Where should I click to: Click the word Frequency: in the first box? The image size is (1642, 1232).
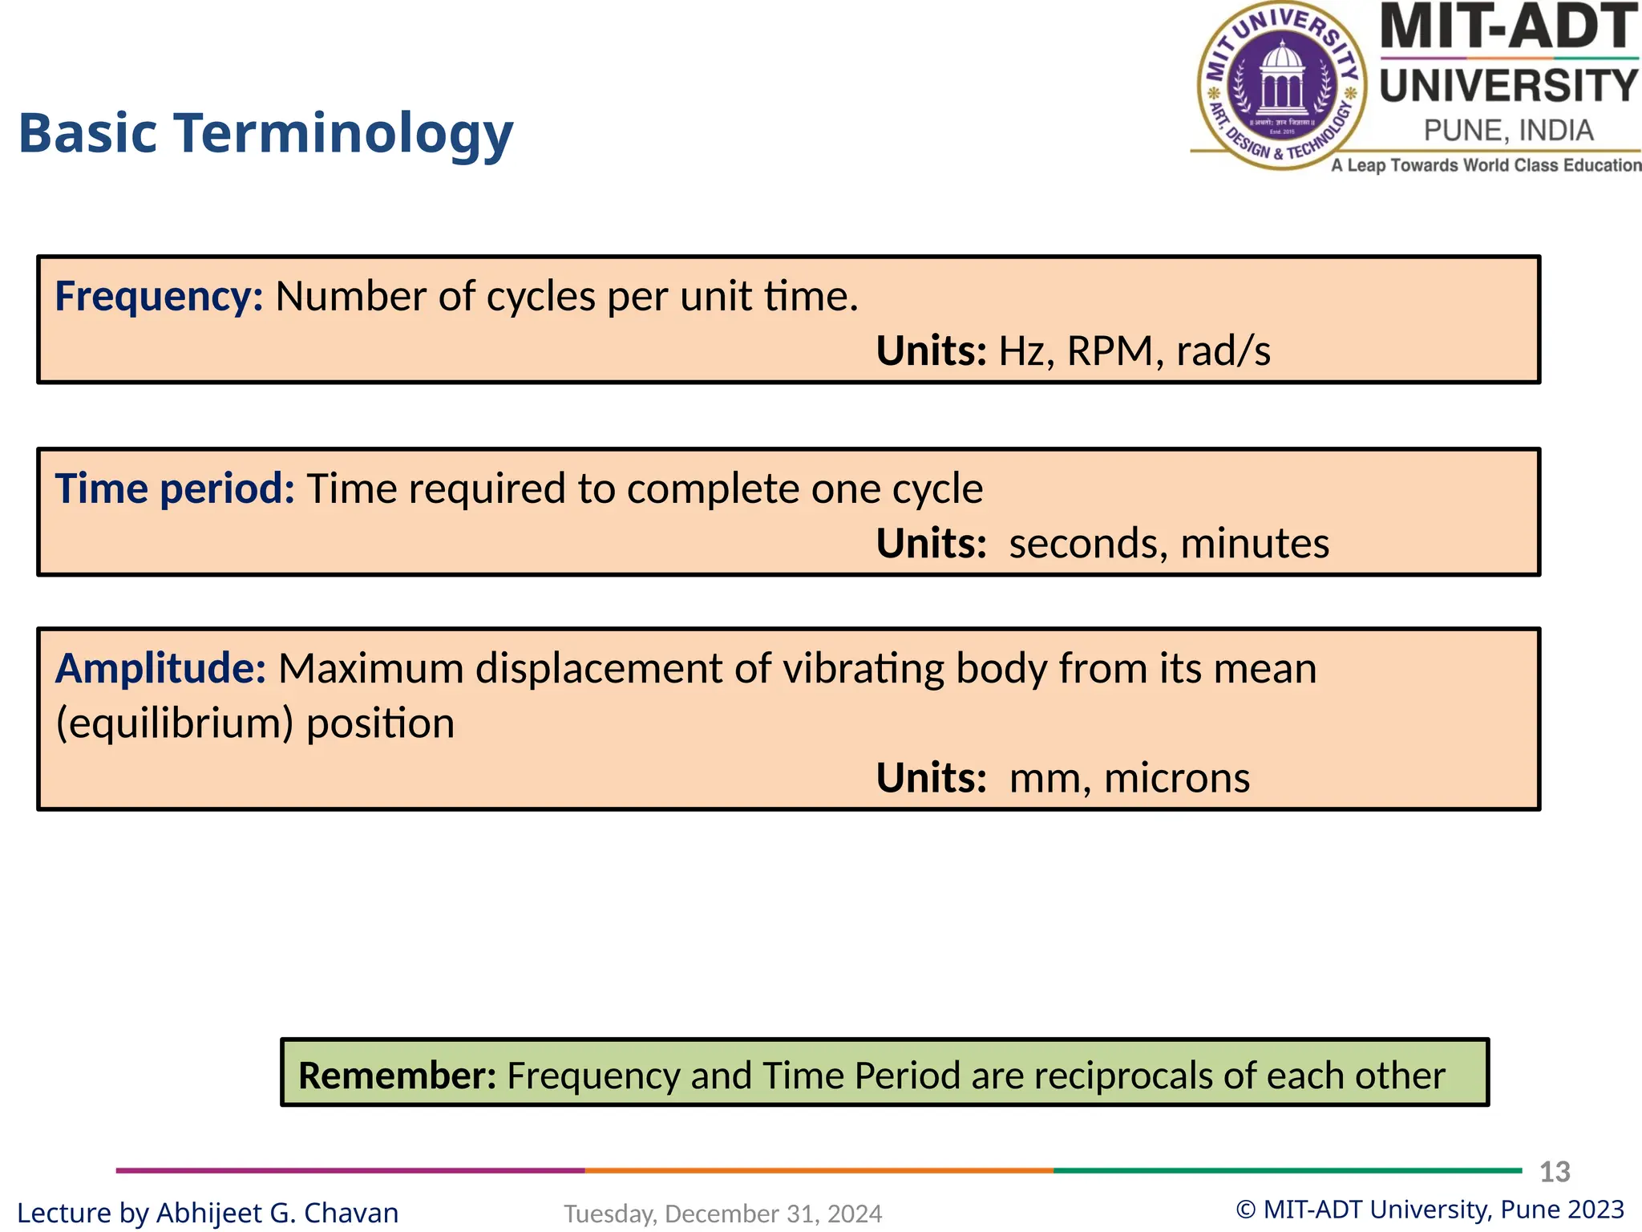tap(159, 298)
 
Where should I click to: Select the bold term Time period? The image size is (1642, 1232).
tap(175, 489)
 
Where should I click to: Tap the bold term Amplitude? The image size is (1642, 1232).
tap(160, 669)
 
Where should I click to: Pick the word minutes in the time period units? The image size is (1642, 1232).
tap(1255, 545)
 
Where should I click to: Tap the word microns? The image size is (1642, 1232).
tap(1176, 779)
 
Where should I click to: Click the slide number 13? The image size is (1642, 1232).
tap(1555, 1172)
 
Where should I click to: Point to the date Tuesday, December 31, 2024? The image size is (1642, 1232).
tap(722, 1214)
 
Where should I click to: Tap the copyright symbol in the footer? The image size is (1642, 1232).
tap(1245, 1210)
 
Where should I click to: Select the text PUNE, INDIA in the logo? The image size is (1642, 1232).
tap(1508, 131)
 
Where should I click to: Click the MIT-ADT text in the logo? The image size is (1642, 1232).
tap(1508, 27)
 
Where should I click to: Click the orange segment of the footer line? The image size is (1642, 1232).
tap(818, 1171)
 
